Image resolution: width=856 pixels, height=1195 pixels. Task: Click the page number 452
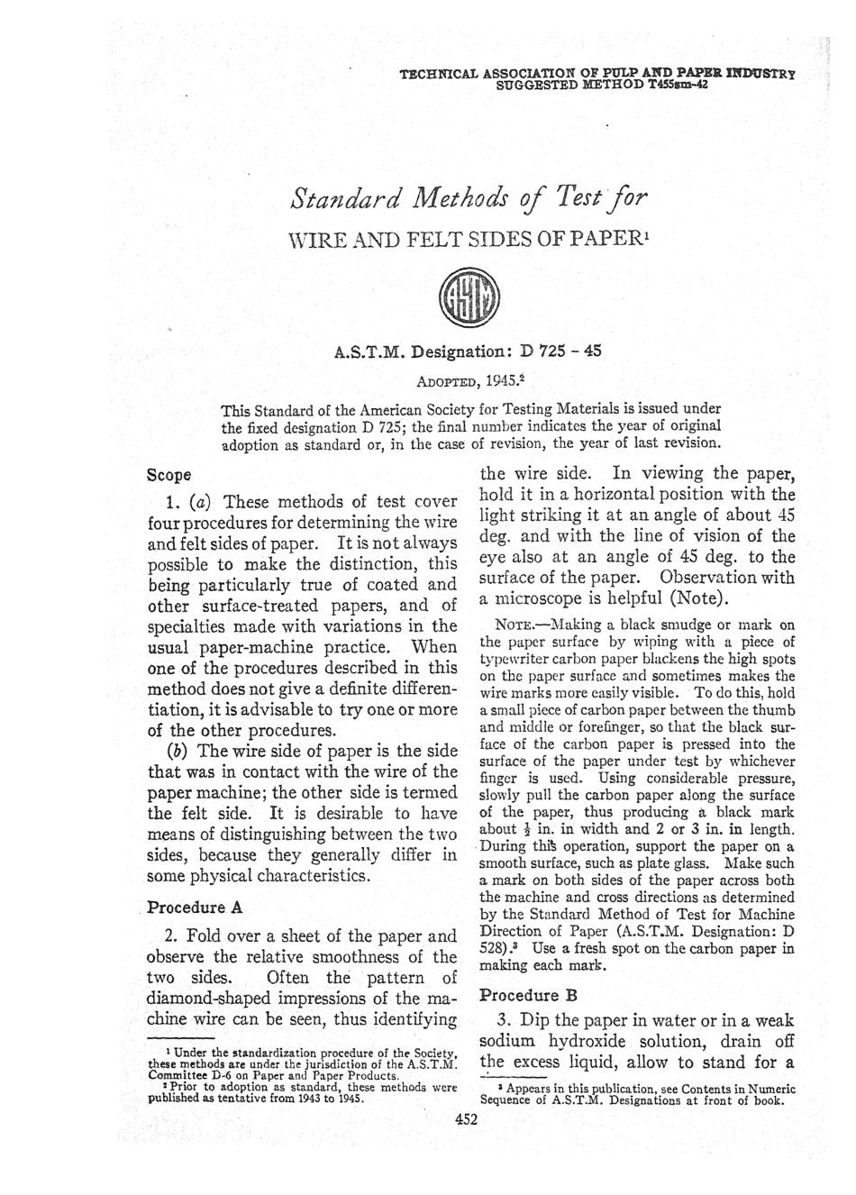(466, 1120)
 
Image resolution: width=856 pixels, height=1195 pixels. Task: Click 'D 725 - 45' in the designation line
(559, 352)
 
